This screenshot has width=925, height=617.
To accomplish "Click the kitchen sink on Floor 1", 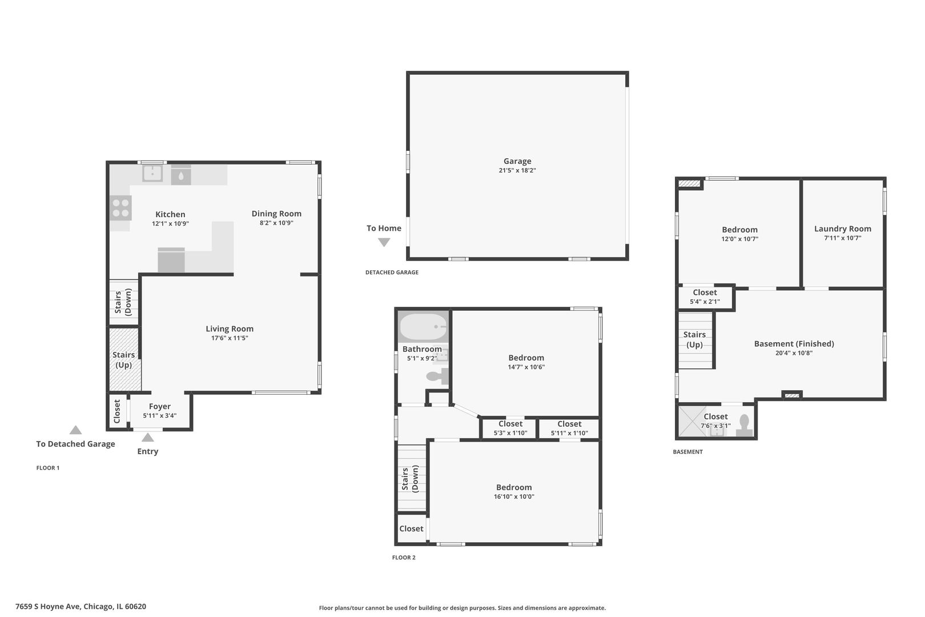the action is (x=152, y=173).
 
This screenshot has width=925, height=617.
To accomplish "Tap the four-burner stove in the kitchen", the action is (x=120, y=208).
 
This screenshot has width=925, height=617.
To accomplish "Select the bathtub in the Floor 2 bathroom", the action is (x=423, y=327).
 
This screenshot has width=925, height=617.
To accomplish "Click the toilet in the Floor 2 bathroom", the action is (x=437, y=376).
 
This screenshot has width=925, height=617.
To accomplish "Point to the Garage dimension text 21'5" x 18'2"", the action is (x=517, y=170).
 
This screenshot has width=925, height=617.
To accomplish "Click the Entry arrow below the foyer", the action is (x=147, y=438).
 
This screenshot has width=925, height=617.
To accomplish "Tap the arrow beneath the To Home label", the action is (x=384, y=243).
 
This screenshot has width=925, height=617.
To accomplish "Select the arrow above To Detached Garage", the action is (x=75, y=430).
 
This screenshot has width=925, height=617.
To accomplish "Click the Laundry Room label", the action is (x=842, y=229).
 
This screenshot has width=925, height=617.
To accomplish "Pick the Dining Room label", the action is (x=276, y=214).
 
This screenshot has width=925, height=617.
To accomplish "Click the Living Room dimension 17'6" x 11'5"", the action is (x=230, y=338).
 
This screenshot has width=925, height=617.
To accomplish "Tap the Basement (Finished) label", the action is (x=794, y=344).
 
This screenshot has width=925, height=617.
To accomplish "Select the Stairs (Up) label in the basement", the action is (x=694, y=339).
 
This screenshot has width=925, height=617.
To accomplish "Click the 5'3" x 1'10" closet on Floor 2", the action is (x=510, y=428).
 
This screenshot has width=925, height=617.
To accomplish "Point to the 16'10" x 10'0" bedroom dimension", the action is (x=514, y=496).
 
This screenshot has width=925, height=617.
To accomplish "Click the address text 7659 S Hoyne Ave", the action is (x=48, y=606).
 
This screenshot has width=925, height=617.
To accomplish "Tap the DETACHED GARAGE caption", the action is (x=392, y=273).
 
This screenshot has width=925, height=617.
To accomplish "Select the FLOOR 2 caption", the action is (x=404, y=558).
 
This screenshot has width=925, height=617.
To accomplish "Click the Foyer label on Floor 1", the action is (x=159, y=406).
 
